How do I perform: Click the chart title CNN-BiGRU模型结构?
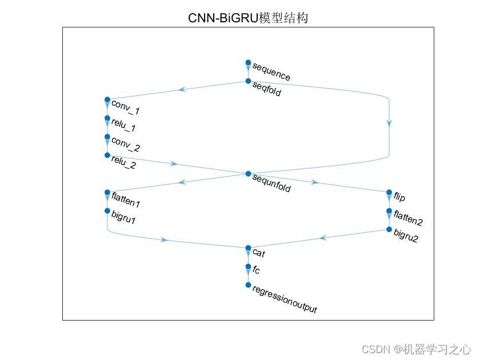coord(248,18)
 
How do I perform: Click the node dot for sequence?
coord(248,62)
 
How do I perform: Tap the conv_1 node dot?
coord(107,99)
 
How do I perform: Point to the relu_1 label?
coord(123,124)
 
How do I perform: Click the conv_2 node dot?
coord(107,137)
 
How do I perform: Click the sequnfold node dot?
coord(248,174)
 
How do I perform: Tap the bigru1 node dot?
coord(107,211)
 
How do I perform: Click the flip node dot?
coord(389,193)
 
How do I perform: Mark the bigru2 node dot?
coord(389,230)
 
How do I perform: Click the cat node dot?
coord(248,248)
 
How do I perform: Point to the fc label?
coord(256,270)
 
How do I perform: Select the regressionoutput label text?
coord(284,300)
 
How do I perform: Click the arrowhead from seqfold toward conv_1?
coord(182,89)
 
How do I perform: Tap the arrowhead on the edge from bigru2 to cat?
coord(323,238)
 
